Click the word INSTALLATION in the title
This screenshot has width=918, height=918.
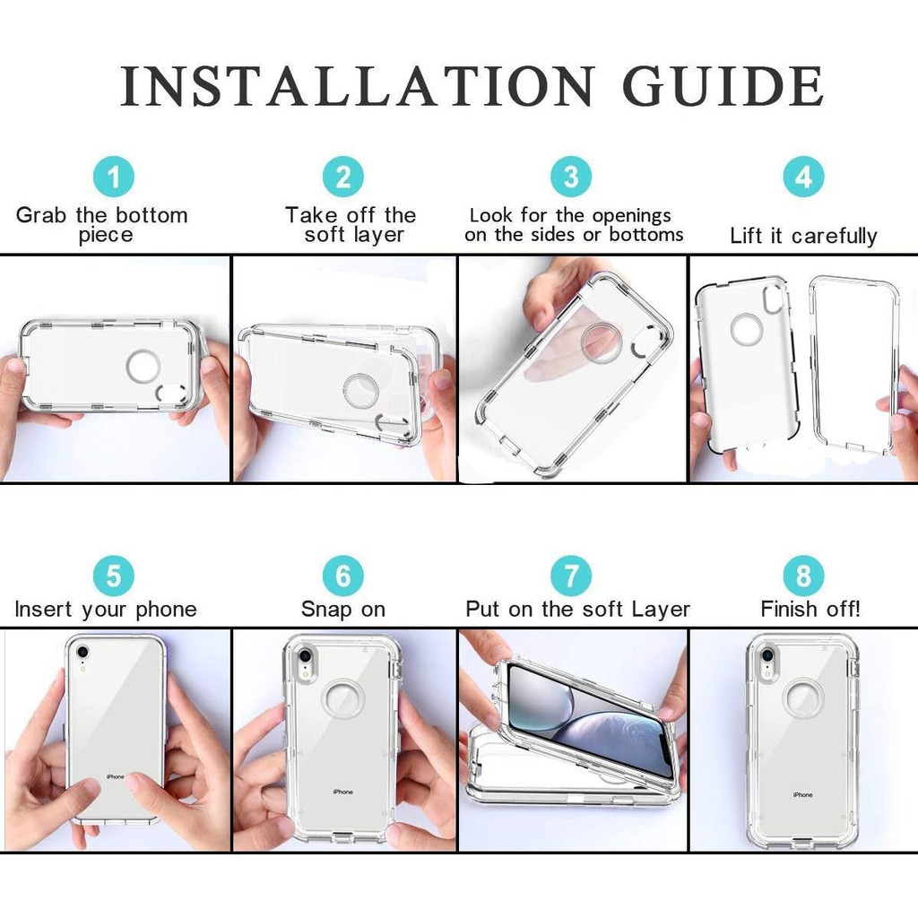point(358,86)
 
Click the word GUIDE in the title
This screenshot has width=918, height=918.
point(723,86)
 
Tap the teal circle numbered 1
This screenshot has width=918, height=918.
point(114,177)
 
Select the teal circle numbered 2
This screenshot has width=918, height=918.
point(343,177)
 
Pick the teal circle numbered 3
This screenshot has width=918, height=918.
point(571,177)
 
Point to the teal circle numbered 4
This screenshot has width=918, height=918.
point(804,177)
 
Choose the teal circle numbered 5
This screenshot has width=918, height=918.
point(114,576)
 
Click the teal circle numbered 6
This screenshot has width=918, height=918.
point(343,576)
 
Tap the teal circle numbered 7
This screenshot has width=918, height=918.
point(571,576)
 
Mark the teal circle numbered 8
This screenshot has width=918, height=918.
point(804,576)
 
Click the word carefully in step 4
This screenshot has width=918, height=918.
point(835,236)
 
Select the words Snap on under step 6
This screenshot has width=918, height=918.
point(343,609)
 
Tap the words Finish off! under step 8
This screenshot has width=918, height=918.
point(810,609)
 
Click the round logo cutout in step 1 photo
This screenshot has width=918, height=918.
point(143,367)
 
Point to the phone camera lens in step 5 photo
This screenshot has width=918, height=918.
point(82,652)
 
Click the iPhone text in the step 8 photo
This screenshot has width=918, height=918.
point(802,795)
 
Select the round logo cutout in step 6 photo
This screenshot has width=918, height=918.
point(343,699)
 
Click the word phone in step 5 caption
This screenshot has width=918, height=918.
point(166,610)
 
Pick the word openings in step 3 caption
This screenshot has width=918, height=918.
point(632,216)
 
